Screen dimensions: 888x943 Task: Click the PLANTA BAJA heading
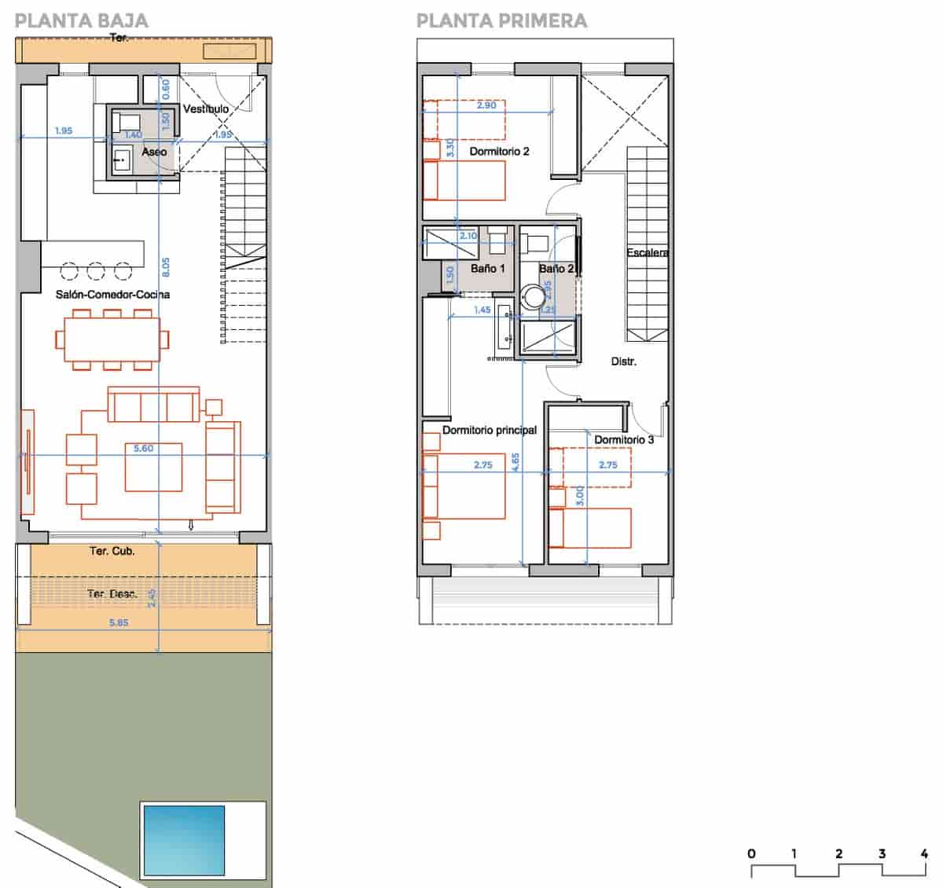pyautogui.click(x=81, y=20)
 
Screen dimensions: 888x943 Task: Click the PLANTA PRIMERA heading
pyautogui.click(x=501, y=20)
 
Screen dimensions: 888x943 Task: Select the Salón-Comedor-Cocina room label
pyautogui.click(x=112, y=295)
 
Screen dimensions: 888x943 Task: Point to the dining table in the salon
pyautogui.click(x=112, y=339)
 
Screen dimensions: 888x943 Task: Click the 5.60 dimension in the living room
pyautogui.click(x=143, y=449)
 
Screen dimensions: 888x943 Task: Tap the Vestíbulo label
pyautogui.click(x=206, y=109)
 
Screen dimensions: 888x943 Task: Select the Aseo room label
pyautogui.click(x=154, y=152)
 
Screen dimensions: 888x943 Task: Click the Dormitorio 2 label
pyautogui.click(x=499, y=151)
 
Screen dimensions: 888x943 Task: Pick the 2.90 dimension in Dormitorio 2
pyautogui.click(x=486, y=105)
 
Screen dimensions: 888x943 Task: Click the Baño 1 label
pyautogui.click(x=487, y=269)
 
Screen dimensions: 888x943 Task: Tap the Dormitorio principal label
pyautogui.click(x=489, y=430)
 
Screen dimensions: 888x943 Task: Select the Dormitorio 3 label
pyautogui.click(x=624, y=439)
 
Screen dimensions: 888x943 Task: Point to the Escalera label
pyautogui.click(x=647, y=253)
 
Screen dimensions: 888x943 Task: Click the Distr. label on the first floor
pyautogui.click(x=623, y=361)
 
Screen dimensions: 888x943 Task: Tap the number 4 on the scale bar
pyautogui.click(x=924, y=853)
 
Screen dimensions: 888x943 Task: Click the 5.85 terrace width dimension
pyautogui.click(x=119, y=622)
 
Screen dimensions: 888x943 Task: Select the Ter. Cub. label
pyautogui.click(x=112, y=551)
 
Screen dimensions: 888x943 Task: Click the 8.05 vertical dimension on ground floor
pyautogui.click(x=166, y=267)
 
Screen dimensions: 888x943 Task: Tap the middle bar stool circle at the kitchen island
pyautogui.click(x=96, y=272)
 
